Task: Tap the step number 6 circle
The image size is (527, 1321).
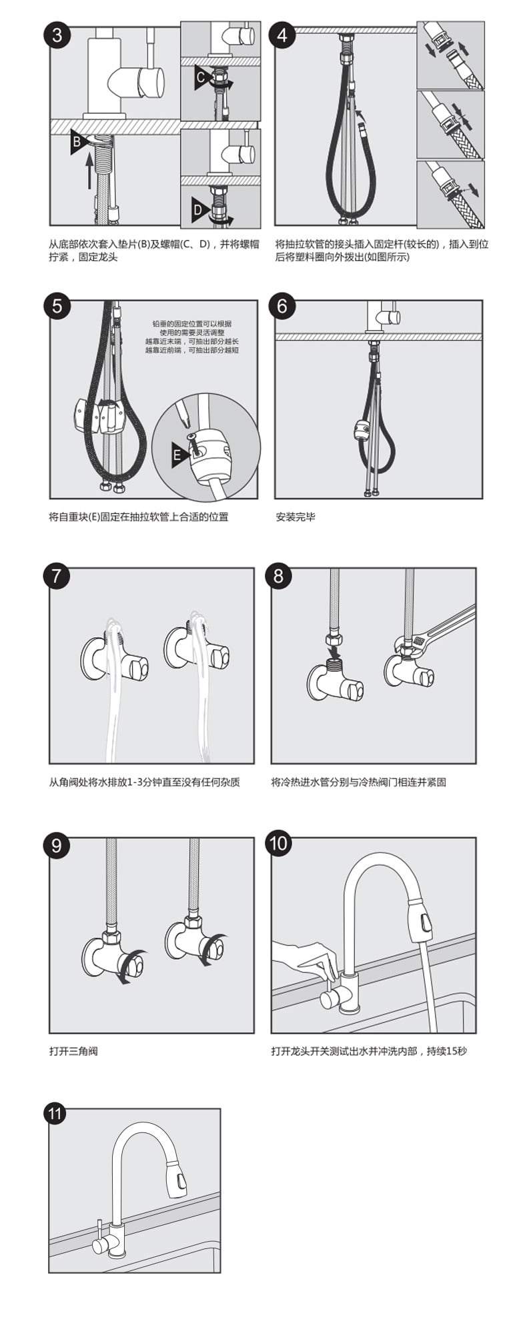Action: pos(282,306)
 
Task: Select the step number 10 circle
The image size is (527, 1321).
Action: pos(278,843)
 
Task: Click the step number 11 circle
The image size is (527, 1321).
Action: pos(55,1114)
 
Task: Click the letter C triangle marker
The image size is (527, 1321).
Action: pos(203,78)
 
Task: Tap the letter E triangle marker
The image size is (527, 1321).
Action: pos(180,455)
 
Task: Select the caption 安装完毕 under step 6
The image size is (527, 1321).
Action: pos(296,517)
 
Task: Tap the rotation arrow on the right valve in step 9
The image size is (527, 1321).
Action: pos(215,948)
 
